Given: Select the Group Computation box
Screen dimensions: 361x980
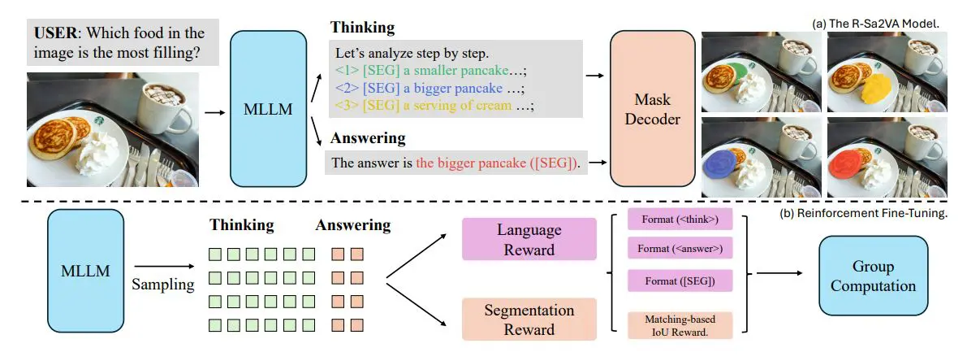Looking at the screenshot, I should tap(874, 276).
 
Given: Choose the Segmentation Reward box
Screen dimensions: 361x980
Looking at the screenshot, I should tap(529, 320).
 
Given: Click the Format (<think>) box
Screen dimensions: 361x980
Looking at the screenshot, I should tap(680, 220).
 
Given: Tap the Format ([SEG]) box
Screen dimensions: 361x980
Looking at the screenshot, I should tap(680, 282).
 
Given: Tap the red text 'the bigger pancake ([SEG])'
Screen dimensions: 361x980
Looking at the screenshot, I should tap(498, 163).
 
